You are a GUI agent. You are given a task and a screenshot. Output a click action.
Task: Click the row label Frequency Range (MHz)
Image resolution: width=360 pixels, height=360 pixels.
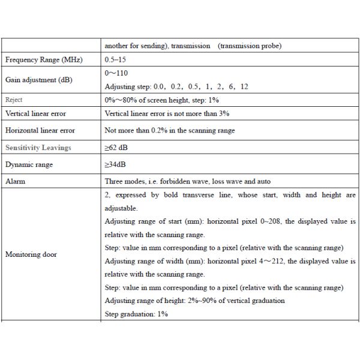(x=43, y=61)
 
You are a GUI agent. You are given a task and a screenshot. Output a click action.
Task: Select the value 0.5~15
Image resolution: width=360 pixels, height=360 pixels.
(x=116, y=61)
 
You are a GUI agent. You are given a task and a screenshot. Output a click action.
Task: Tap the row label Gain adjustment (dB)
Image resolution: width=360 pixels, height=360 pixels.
(x=39, y=80)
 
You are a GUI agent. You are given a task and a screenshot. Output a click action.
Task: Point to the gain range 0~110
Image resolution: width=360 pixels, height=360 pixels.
(x=116, y=73)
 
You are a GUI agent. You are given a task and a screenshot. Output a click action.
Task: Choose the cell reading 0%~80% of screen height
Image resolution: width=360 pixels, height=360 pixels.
(x=162, y=100)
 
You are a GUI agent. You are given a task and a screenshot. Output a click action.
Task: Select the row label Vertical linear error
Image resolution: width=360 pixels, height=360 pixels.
(x=35, y=113)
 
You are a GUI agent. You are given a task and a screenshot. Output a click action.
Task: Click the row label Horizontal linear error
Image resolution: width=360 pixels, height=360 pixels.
(x=40, y=130)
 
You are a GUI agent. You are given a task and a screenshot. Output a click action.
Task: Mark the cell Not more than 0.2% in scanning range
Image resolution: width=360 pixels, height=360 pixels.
(x=170, y=130)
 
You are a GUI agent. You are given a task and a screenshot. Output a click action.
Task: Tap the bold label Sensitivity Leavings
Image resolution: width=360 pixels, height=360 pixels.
(x=38, y=147)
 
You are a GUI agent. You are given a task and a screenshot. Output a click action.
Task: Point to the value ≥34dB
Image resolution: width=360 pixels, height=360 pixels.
(x=115, y=164)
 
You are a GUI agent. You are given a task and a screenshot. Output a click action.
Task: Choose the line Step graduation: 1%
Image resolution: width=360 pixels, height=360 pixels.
(x=136, y=314)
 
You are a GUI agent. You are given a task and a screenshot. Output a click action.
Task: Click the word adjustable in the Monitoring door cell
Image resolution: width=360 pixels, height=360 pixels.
(x=121, y=208)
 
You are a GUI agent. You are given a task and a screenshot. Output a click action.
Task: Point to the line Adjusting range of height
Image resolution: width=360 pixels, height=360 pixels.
(x=194, y=301)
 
